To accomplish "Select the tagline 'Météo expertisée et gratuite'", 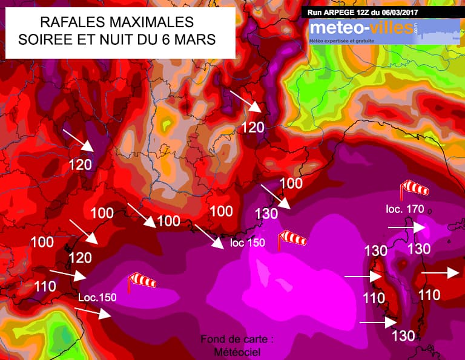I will click(342, 41).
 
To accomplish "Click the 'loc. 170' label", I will click(405, 209).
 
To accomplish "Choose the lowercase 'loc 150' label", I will click(248, 243).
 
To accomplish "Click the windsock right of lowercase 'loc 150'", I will click(291, 239).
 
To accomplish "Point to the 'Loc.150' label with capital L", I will click(97, 297).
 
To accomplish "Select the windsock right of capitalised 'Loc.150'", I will click(141, 281).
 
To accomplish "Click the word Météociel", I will click(237, 352).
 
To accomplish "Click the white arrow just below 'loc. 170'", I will click(406, 227).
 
